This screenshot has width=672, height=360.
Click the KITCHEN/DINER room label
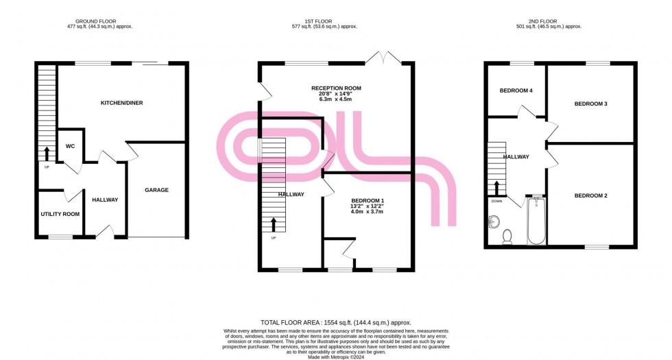121,103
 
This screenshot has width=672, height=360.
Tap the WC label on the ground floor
70,146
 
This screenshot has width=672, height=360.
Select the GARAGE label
156,190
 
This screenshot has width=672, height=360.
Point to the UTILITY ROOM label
60,214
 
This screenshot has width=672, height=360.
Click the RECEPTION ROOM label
335,88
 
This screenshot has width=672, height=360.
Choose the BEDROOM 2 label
590,196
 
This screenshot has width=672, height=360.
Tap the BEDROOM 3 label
590,104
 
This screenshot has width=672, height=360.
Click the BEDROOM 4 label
515,91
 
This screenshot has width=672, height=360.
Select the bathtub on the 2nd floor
536,221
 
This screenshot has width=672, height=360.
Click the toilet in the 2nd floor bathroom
507,237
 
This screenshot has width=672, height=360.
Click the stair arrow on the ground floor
47,152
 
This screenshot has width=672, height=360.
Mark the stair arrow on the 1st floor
274,224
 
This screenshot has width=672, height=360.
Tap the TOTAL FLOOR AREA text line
335,322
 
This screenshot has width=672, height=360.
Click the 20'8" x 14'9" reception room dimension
335,94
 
